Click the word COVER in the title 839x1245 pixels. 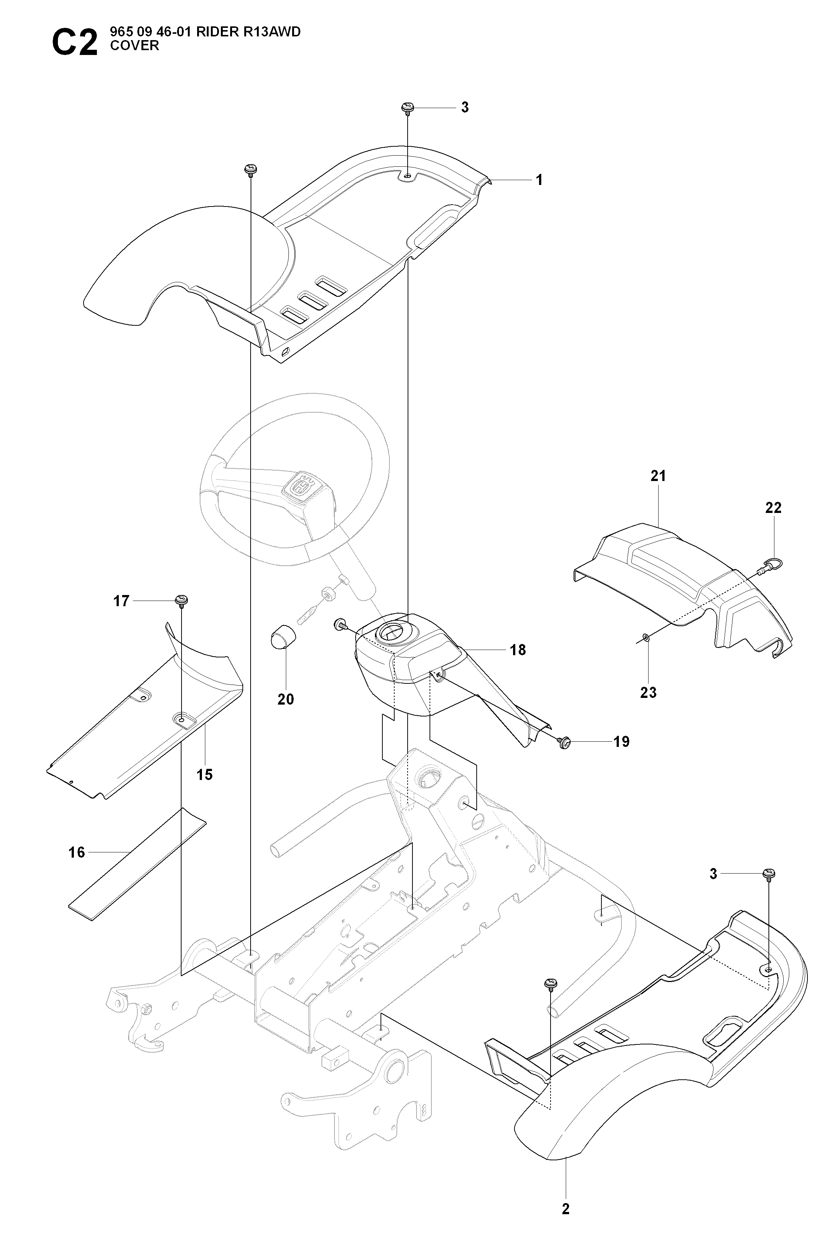134,46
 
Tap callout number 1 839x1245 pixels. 539,181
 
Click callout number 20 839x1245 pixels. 286,700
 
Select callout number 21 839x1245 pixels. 658,475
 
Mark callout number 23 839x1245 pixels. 649,693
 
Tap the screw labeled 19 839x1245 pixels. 563,742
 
